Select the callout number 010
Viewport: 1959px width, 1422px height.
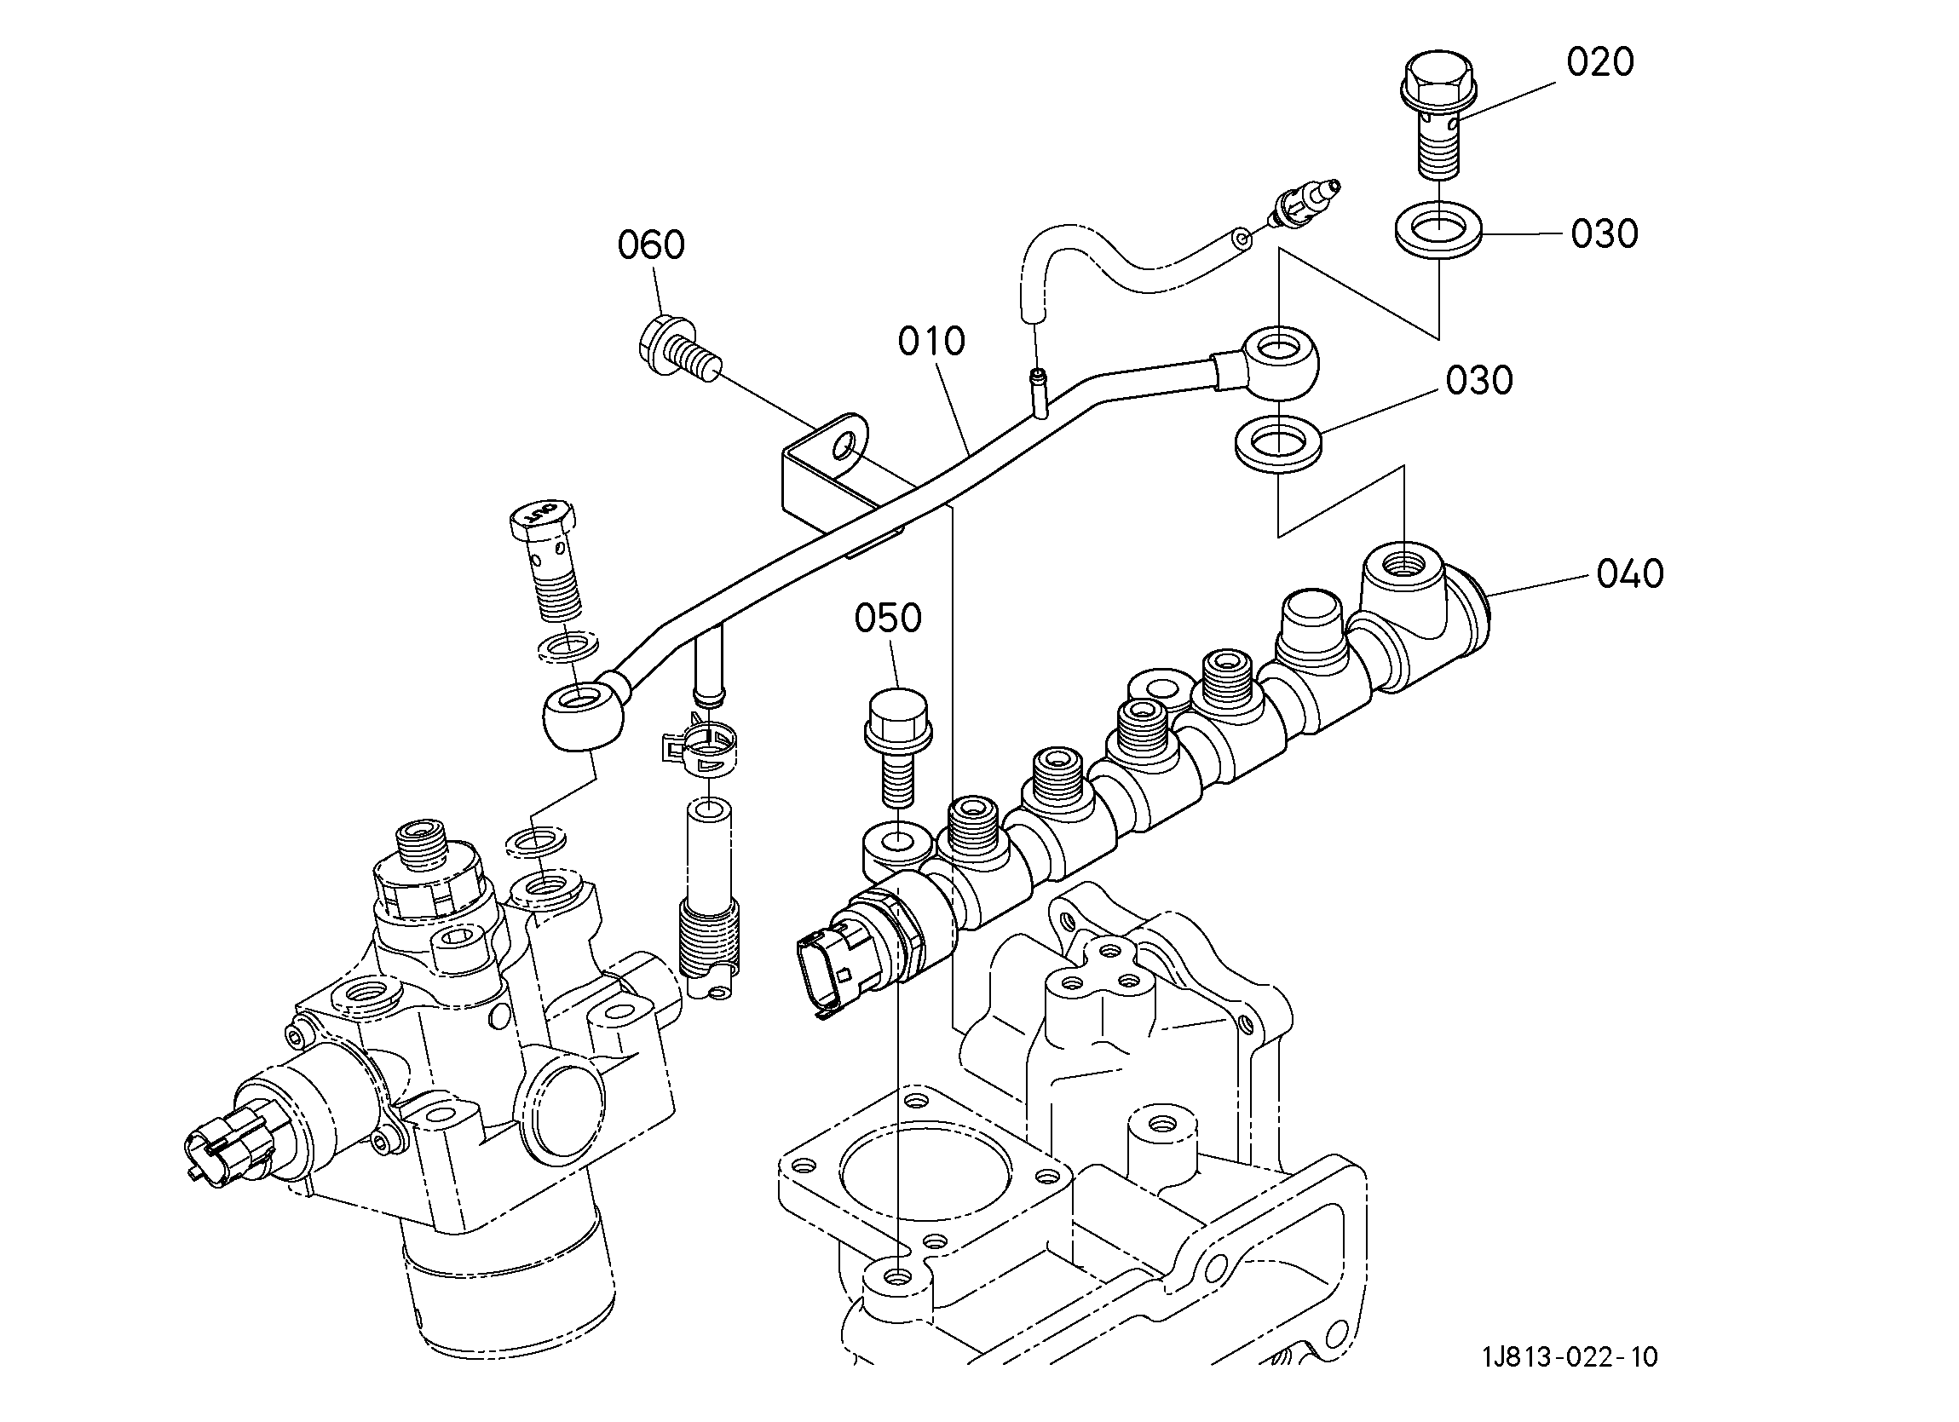click(931, 343)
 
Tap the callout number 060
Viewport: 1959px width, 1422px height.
click(651, 245)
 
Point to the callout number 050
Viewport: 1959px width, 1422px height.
click(888, 618)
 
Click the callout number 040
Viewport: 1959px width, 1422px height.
click(1630, 573)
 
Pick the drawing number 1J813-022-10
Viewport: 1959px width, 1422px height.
click(1570, 1357)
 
